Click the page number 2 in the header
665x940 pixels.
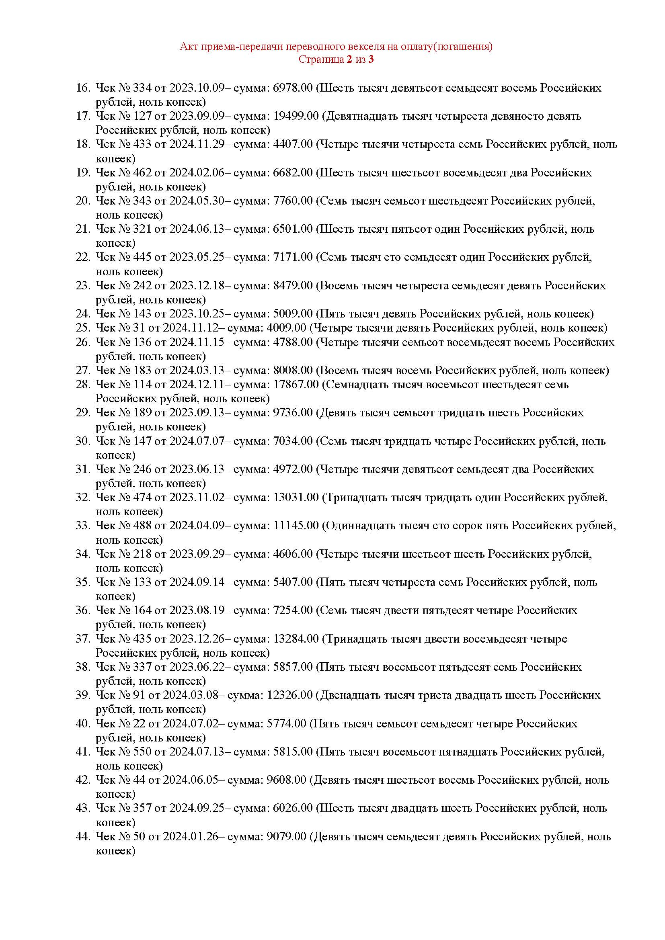[349, 59]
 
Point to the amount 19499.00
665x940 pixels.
[296, 116]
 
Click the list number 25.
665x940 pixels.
[83, 328]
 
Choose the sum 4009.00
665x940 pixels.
[286, 328]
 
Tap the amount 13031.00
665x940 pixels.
[296, 498]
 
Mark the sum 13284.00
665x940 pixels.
[296, 639]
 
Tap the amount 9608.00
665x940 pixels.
[286, 780]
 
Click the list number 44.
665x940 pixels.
[83, 836]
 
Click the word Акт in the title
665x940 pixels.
[187, 47]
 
